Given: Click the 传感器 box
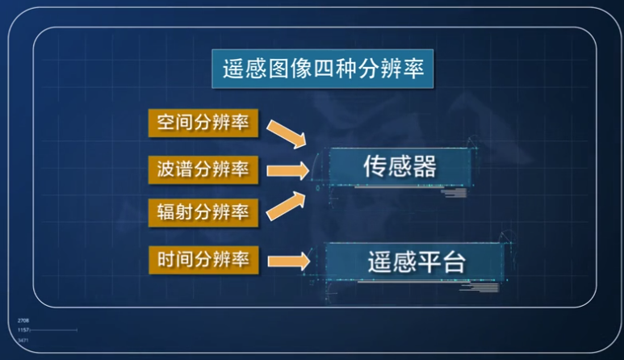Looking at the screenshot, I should [399, 166].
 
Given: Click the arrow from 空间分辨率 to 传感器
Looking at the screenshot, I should [287, 133].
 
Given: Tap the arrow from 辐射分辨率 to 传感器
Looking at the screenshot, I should [287, 206].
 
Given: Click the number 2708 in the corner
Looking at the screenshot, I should [23, 321].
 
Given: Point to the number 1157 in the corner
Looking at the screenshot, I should [23, 330].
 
